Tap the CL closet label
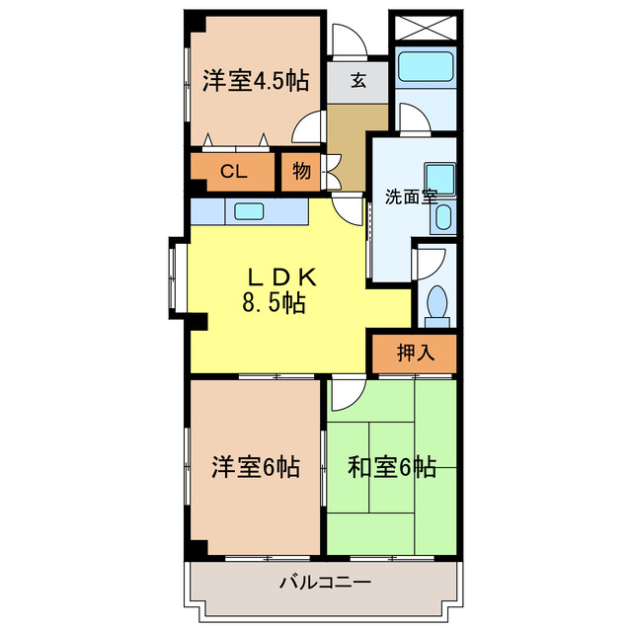[233, 172]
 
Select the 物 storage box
[300, 172]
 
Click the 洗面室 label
[410, 196]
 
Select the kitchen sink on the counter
[250, 210]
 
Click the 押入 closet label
[415, 353]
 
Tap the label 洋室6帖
[256, 465]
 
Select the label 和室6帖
[392, 465]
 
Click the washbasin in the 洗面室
[439, 179]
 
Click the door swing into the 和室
[347, 395]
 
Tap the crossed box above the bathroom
[425, 27]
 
